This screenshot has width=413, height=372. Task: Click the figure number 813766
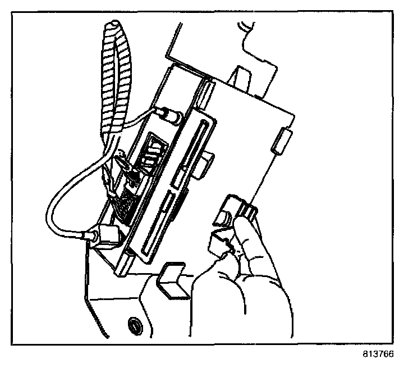(379, 355)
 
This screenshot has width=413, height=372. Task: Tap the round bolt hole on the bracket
(134, 324)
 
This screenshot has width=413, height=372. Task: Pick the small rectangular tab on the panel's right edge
(281, 140)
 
